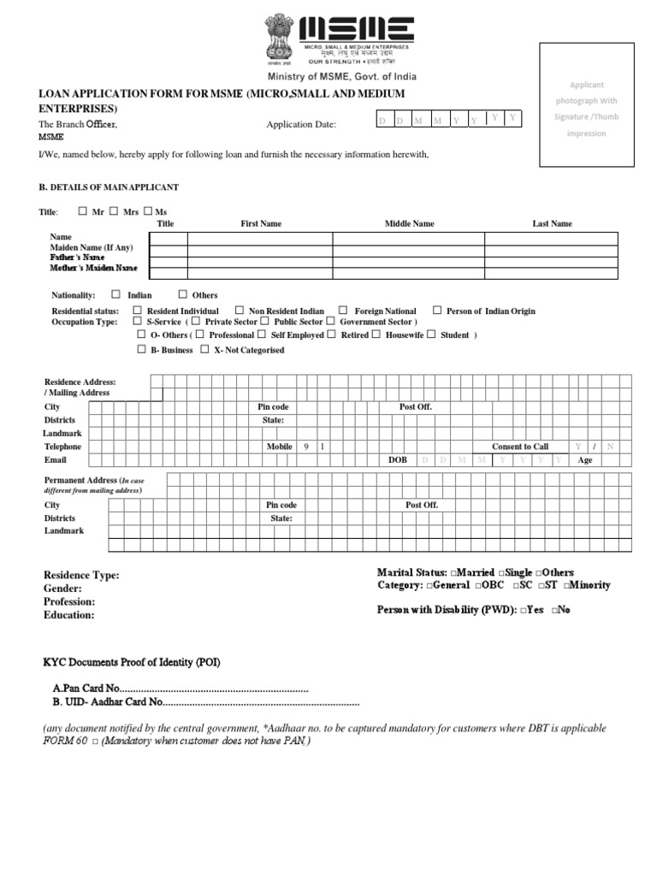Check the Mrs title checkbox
click(x=113, y=210)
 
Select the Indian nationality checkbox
click(x=116, y=294)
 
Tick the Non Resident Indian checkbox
click(x=240, y=311)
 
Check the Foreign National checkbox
click(x=343, y=311)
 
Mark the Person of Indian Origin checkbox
click(x=437, y=311)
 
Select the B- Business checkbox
click(x=141, y=350)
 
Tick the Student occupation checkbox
click(x=432, y=334)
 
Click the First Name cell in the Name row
click(x=260, y=238)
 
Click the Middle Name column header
click(x=409, y=223)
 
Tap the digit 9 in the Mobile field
click(x=305, y=447)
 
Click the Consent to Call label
click(x=520, y=447)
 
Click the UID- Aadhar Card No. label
click(x=107, y=701)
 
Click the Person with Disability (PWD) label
click(x=444, y=610)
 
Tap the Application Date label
click(x=301, y=125)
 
